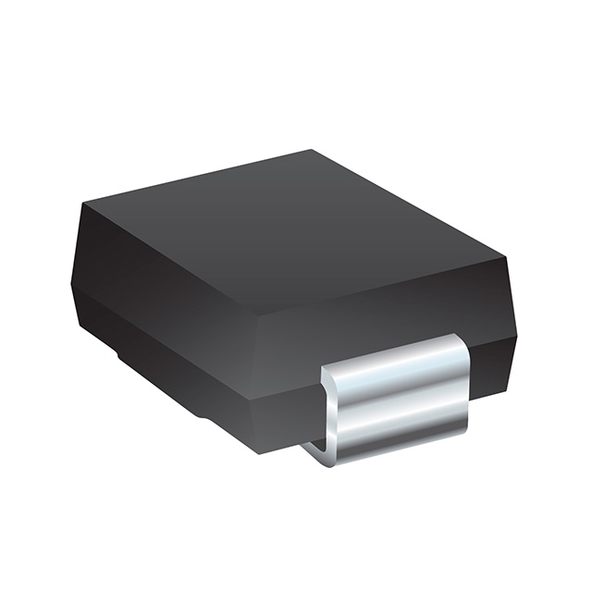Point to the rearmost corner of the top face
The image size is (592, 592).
click(x=311, y=150)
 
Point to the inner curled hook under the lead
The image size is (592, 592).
click(x=319, y=450)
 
